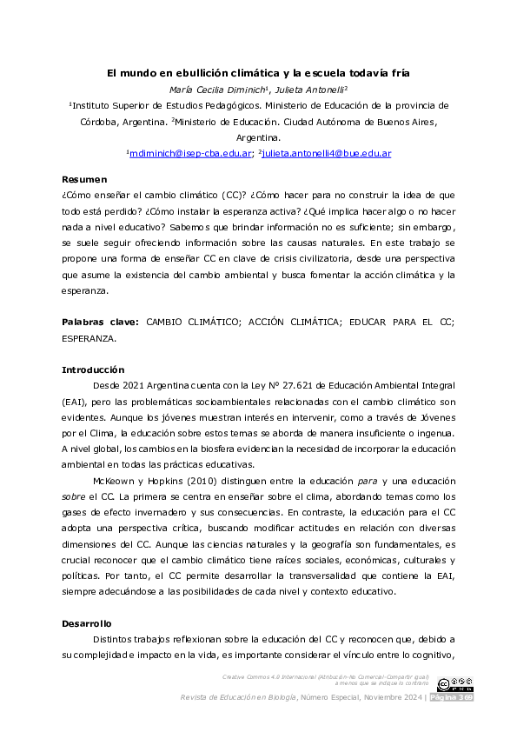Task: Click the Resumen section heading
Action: (x=83, y=179)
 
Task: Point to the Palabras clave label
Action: (x=100, y=321)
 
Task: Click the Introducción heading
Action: (x=92, y=369)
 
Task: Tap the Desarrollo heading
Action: (x=87, y=623)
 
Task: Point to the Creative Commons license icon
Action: (x=455, y=684)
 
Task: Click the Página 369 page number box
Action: (x=452, y=698)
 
